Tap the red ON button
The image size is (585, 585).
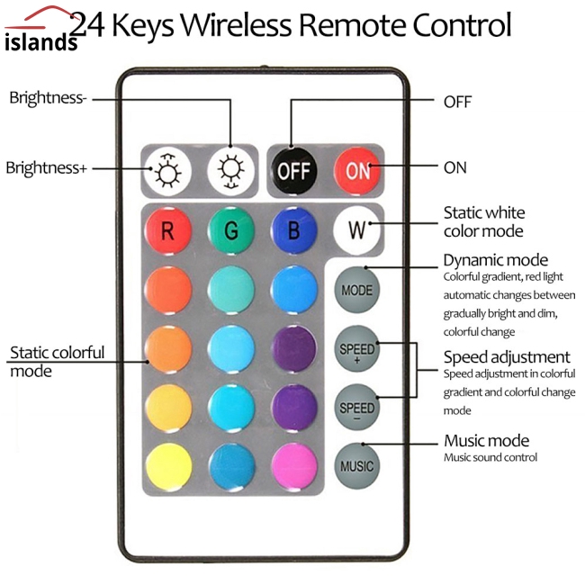click(x=358, y=170)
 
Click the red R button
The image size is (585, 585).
click(x=167, y=230)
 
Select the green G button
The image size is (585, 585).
click(x=231, y=230)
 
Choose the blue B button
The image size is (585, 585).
click(x=293, y=230)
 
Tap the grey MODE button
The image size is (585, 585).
click(x=357, y=290)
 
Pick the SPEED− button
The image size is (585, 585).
click(x=357, y=408)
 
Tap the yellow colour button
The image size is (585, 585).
click(x=167, y=465)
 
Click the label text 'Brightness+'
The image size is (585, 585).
click(x=46, y=167)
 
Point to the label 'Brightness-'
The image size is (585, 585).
click(x=48, y=98)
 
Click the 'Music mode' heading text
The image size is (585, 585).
click(x=486, y=441)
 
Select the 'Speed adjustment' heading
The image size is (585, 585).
click(x=507, y=357)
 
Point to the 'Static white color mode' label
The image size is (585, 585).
click(x=484, y=221)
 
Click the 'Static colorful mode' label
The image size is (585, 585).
click(x=56, y=361)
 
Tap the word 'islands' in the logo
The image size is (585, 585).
click(x=40, y=42)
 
